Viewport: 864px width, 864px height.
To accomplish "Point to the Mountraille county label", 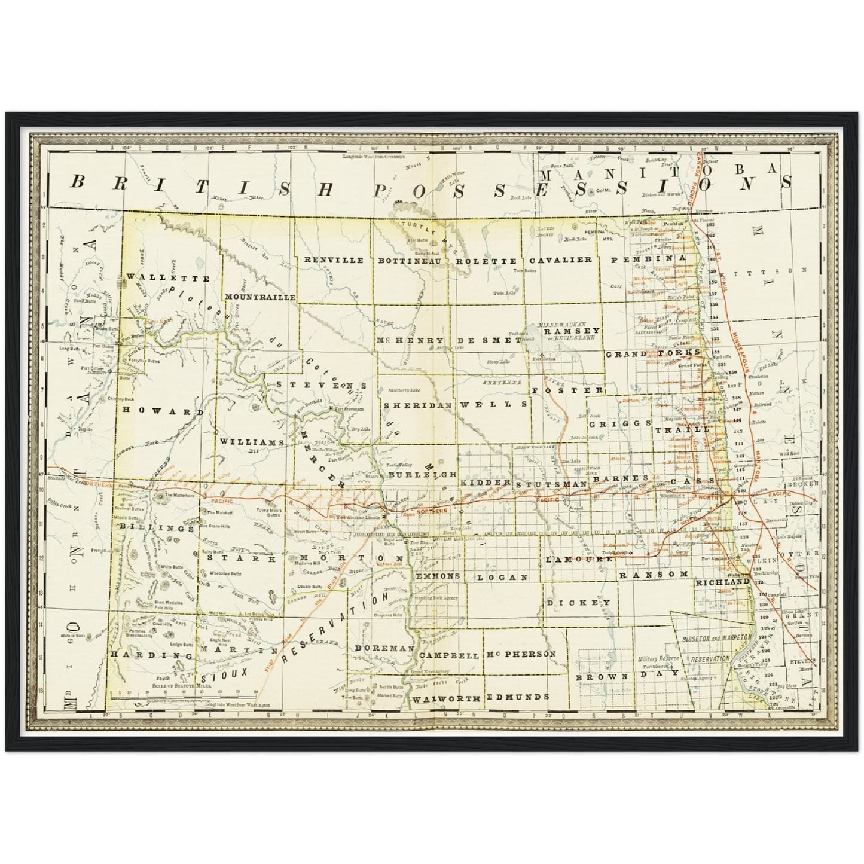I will tap(259, 297).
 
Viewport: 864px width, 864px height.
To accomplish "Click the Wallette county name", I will tap(168, 278).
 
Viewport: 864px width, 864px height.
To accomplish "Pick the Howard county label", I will tap(163, 411).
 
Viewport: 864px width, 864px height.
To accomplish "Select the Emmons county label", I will tap(438, 576).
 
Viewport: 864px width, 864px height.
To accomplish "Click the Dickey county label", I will tap(578, 602).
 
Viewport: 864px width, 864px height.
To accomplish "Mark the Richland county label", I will tap(722, 581).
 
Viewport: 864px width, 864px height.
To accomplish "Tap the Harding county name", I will tap(152, 655).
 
